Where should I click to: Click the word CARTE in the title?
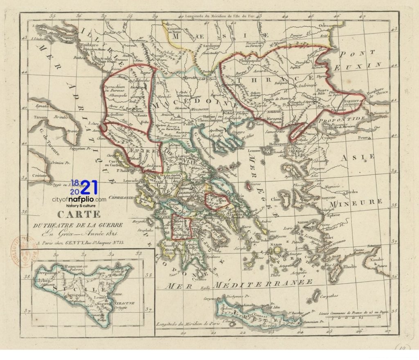click(79, 214)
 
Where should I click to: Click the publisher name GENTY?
click(76, 242)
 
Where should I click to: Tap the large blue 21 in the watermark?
click(90, 188)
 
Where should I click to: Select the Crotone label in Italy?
click(40, 174)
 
